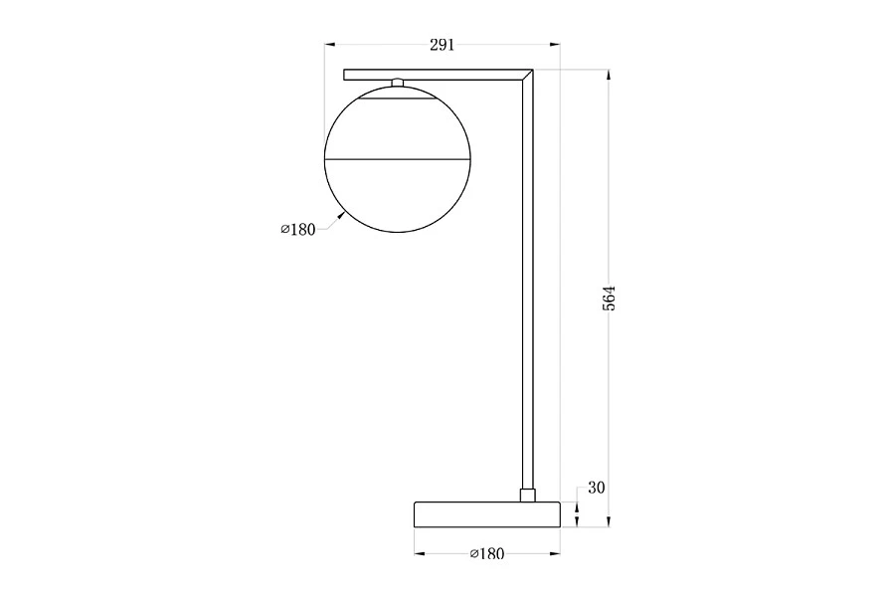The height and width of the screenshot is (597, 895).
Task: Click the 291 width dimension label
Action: click(442, 45)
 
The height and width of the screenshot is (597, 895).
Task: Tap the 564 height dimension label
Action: click(610, 298)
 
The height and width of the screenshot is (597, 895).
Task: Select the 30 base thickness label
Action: click(596, 488)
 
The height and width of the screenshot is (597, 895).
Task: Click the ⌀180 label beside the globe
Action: click(298, 230)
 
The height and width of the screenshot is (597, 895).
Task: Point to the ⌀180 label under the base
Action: click(487, 553)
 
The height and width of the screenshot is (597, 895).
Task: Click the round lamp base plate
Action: click(487, 514)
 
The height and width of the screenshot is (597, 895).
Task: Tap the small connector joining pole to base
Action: click(528, 495)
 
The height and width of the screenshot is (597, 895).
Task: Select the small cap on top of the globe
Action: click(398, 83)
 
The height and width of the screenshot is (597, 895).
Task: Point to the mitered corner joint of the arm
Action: click(527, 75)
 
